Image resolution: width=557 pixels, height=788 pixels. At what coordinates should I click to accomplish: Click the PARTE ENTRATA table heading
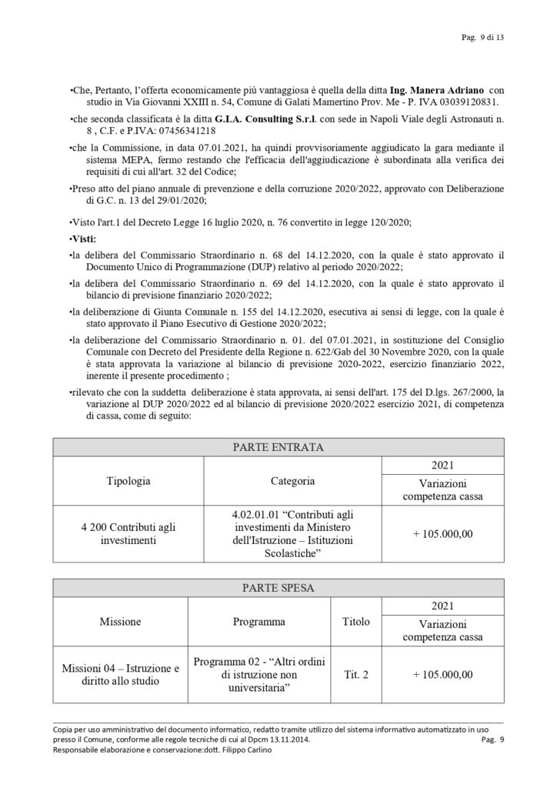(x=277, y=447)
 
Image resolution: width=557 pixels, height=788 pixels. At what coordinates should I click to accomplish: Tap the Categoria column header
(x=292, y=481)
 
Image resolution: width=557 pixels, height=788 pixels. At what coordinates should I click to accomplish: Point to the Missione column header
(x=119, y=621)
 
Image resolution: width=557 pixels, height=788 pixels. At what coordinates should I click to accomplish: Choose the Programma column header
(x=259, y=621)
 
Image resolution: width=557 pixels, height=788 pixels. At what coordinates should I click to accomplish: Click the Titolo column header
(x=354, y=621)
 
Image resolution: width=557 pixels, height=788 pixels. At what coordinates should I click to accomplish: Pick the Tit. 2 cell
(x=354, y=675)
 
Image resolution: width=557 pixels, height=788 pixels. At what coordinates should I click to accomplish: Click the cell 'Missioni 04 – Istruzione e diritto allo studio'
(x=119, y=674)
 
